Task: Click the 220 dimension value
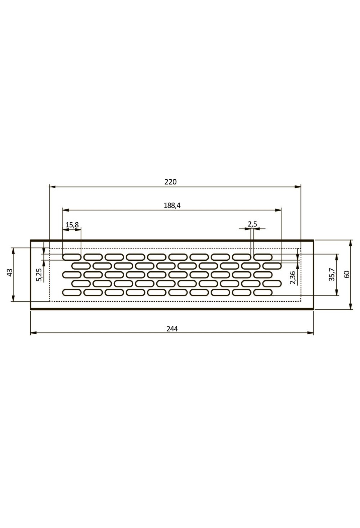[x=171, y=182]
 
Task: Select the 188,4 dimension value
[x=172, y=205]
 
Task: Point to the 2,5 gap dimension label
[x=252, y=224]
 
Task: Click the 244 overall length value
[x=172, y=329]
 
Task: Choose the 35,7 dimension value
[x=331, y=274]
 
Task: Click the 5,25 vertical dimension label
[x=39, y=275]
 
